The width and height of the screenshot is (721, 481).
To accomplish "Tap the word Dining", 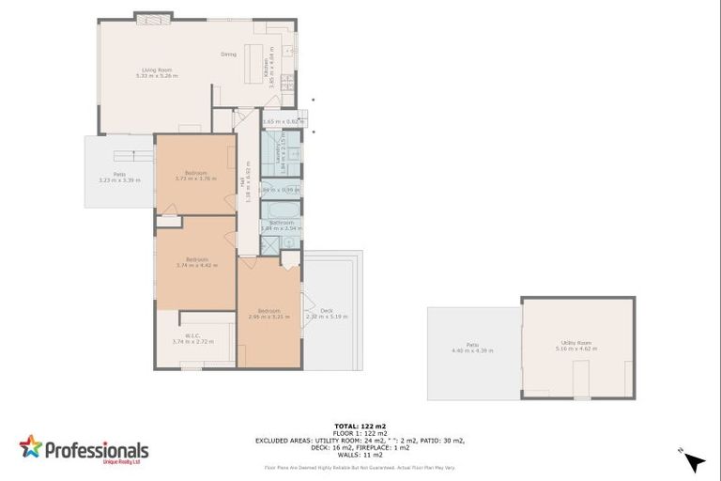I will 228,54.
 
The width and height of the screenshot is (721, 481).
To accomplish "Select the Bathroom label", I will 282,223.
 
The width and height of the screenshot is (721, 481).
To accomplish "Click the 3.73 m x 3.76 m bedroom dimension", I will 195,178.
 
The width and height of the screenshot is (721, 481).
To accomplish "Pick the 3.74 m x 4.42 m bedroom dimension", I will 196,265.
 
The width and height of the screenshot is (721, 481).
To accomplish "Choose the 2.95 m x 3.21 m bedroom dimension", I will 268,317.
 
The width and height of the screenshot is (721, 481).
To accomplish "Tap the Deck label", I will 327,311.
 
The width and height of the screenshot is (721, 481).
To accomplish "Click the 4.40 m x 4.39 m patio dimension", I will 472,350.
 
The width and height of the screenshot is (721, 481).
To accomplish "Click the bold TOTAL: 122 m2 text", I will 360,426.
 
